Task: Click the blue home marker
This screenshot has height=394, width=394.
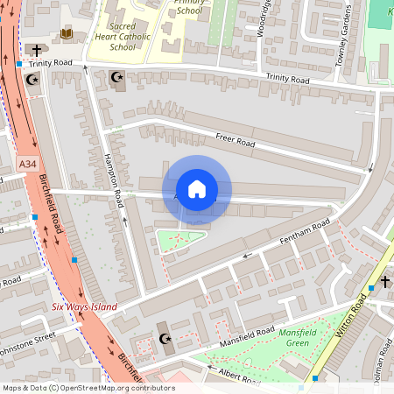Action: pyautogui.click(x=197, y=188)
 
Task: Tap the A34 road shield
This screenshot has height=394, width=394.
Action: pyautogui.click(x=27, y=164)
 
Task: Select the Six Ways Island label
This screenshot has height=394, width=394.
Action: pyautogui.click(x=83, y=306)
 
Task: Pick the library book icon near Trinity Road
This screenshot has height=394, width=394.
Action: pyautogui.click(x=67, y=34)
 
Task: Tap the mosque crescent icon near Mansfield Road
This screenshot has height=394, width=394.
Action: pyautogui.click(x=163, y=339)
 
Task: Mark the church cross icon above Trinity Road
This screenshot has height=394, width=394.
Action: pyautogui.click(x=36, y=50)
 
